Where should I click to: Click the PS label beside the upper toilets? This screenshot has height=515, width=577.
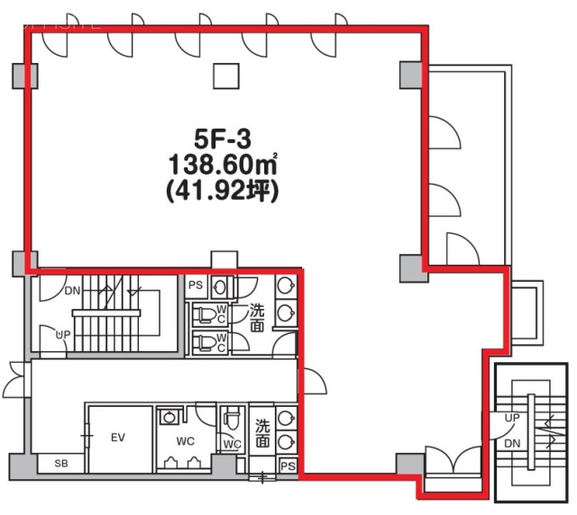[x=196, y=285]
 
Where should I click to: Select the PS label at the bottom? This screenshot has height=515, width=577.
[x=287, y=466]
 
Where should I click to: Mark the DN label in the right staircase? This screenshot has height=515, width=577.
[x=513, y=445]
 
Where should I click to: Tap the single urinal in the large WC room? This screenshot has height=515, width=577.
[x=168, y=417]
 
